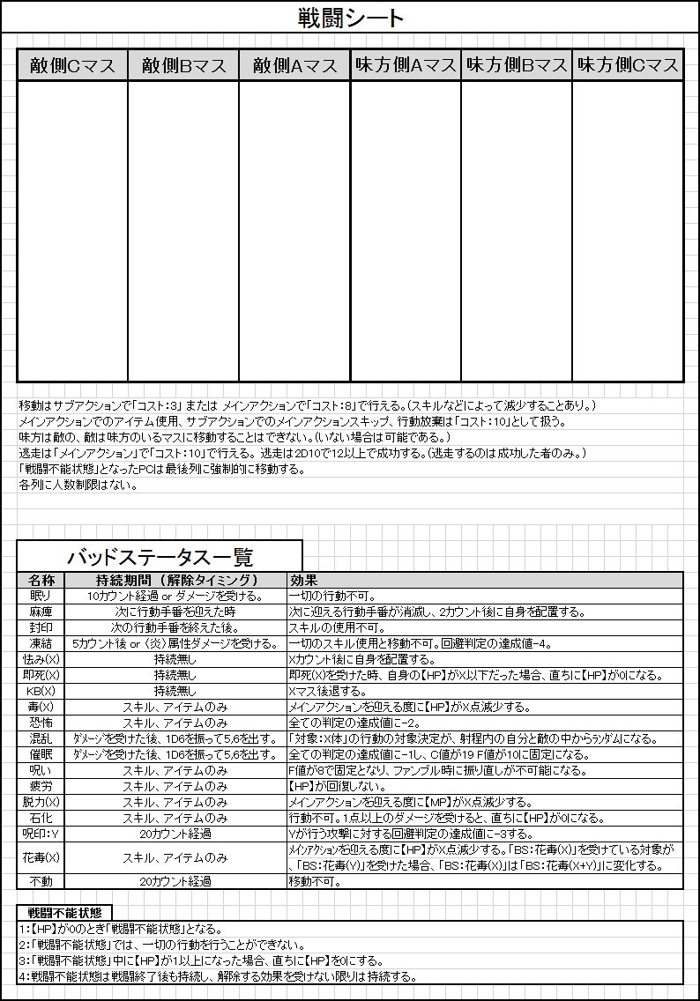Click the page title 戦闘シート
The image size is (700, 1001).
point(349,18)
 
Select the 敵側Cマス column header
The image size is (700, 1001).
point(72,65)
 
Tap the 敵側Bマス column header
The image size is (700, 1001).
point(183,65)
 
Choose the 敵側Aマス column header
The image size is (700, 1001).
point(294,65)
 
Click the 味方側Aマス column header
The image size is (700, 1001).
point(406,65)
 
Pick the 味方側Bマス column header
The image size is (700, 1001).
point(517,65)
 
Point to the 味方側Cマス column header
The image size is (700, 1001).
point(628,65)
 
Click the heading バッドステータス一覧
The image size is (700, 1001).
point(160,557)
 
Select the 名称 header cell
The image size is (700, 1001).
point(41,581)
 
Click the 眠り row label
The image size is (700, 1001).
point(41,597)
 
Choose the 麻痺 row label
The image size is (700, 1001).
point(41,612)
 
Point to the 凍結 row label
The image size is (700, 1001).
point(41,644)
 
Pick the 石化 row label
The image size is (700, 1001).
point(41,818)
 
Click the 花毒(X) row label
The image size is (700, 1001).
point(41,857)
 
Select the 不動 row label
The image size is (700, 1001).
point(41,880)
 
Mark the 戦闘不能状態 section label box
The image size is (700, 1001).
point(64,913)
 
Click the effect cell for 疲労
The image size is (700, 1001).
point(485,786)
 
